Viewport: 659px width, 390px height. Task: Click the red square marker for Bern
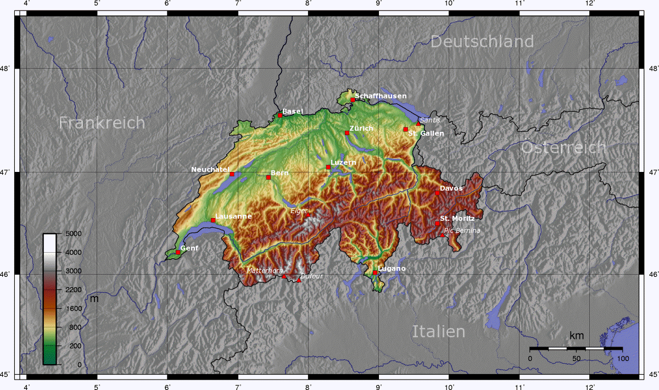(269, 177)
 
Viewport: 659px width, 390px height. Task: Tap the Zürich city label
(361, 128)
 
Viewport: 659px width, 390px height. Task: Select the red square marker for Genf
(178, 252)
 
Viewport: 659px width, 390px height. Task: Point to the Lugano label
(392, 268)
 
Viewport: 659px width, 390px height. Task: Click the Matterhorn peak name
(265, 271)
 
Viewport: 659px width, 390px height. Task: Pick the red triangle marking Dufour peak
(299, 280)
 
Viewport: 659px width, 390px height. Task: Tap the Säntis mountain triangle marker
(418, 124)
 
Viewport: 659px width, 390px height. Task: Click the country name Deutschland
(482, 42)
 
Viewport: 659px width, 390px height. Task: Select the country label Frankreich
(102, 122)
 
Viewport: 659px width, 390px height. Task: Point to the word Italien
(438, 331)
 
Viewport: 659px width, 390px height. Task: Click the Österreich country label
(563, 148)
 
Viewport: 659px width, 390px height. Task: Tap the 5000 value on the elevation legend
(72, 233)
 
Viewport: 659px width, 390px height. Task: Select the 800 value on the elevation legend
(75, 327)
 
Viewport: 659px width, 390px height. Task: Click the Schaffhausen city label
(381, 96)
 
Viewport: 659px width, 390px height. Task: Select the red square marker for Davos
(437, 193)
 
